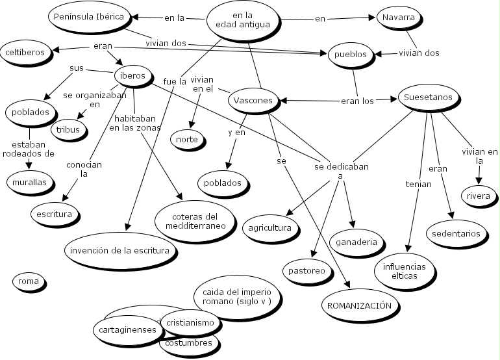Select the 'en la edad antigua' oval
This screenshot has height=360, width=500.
pyautogui.click(x=243, y=19)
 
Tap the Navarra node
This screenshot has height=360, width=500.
pyautogui.click(x=398, y=18)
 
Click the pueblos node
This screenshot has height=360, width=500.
pyautogui.click(x=352, y=55)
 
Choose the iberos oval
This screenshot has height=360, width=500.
pyautogui.click(x=133, y=75)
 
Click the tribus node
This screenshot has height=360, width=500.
pyautogui.click(x=68, y=129)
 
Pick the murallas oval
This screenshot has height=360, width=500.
pyautogui.click(x=29, y=183)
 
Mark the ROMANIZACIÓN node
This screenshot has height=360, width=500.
pyautogui.click(x=358, y=305)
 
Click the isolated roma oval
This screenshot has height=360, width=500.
pyautogui.click(x=29, y=282)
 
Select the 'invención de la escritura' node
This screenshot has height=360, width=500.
pyautogui.click(x=121, y=250)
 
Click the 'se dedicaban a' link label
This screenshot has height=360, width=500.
pyautogui.click(x=341, y=170)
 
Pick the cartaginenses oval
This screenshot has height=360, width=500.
pyautogui.click(x=127, y=329)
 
